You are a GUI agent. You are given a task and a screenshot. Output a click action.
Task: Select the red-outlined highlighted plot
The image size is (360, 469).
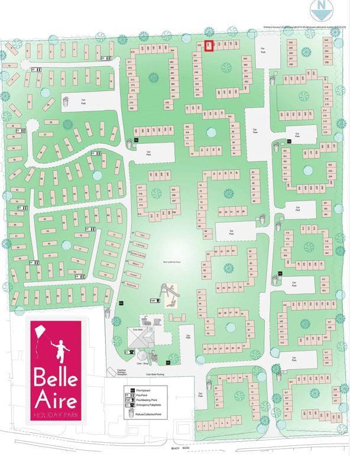click(208, 45)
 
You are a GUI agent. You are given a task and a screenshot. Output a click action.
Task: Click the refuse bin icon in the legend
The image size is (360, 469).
click(133, 413)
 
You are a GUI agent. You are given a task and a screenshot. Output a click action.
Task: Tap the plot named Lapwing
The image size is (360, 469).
click(141, 245)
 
